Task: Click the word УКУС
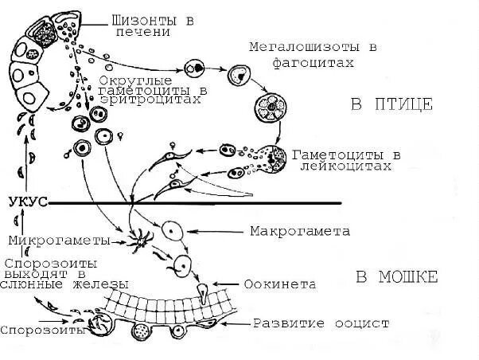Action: (26, 202)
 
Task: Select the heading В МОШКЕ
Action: (395, 277)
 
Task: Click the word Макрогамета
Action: (299, 232)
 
